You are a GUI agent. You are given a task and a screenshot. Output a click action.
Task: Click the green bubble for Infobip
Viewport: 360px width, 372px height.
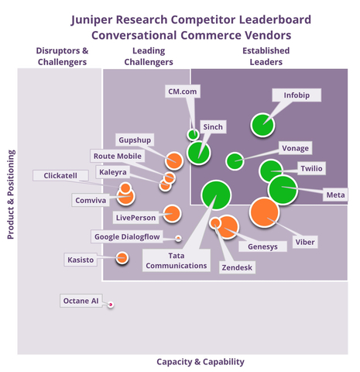pos(263,124)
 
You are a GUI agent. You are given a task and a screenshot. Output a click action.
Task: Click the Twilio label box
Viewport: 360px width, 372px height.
pos(312,168)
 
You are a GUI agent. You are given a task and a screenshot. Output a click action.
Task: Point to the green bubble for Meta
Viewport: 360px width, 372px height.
pos(283,188)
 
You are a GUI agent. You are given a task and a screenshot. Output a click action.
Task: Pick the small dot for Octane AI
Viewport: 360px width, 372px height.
pos(111,305)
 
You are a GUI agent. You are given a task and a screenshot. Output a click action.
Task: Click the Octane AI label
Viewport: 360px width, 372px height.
pos(81,300)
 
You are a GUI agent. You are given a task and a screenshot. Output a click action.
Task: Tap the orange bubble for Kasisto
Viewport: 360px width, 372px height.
pos(122,257)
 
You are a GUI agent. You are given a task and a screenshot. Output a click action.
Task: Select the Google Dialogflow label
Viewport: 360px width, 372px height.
pos(127,236)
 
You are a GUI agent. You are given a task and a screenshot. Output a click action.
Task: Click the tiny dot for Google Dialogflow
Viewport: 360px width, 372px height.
pos(178,238)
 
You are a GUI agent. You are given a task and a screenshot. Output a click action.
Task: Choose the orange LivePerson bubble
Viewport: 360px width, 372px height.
pos(172,214)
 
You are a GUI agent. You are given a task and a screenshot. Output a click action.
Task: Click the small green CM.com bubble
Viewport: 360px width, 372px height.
pos(193,134)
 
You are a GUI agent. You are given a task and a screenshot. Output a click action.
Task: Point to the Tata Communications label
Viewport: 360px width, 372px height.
pos(177,260)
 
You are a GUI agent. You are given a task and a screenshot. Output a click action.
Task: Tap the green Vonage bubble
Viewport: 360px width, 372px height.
pos(235,161)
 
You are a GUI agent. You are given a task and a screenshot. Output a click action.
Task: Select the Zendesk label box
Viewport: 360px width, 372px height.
pos(237,267)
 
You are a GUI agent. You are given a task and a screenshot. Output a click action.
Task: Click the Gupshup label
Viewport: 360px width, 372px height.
pos(134,139)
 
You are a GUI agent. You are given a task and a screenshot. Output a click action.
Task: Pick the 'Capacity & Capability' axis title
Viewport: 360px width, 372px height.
pos(201,361)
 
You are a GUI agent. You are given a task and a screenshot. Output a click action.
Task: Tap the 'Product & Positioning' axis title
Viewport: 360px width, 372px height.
pos(11,195)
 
